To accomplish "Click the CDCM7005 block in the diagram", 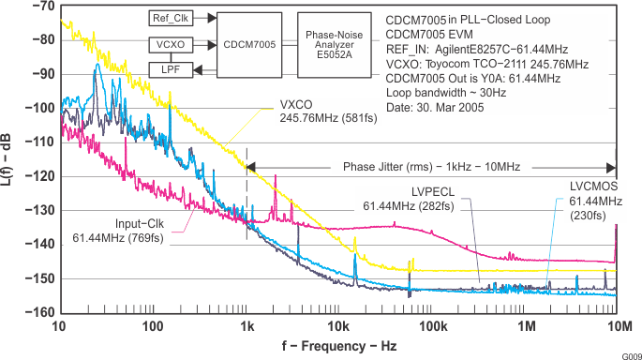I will point(248,43).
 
